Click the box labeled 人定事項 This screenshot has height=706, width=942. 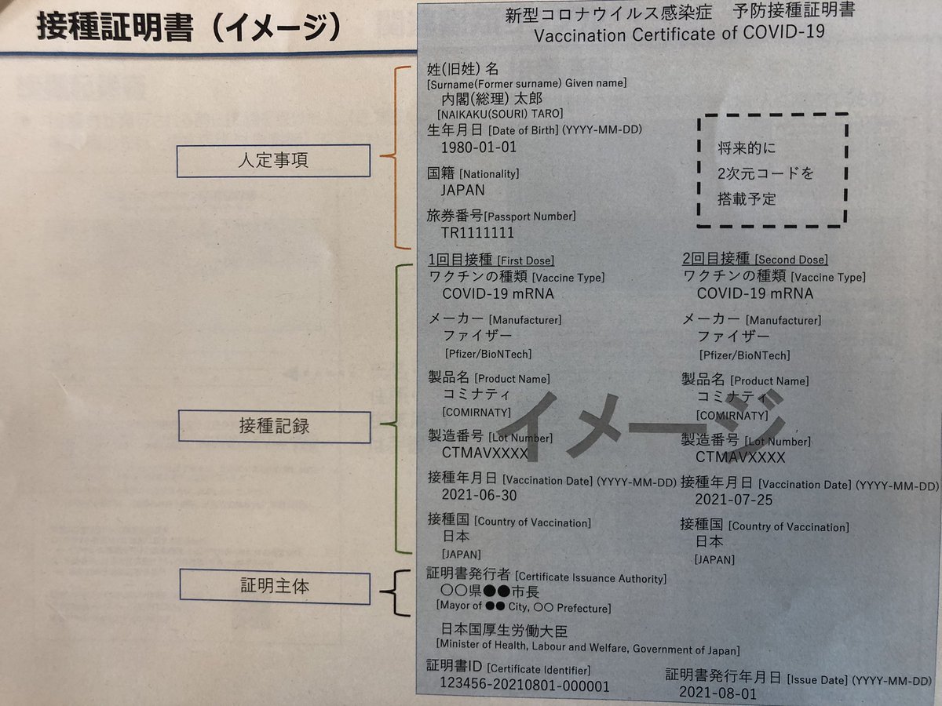click(272, 161)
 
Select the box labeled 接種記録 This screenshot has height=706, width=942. click(272, 426)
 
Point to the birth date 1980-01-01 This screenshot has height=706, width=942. click(479, 147)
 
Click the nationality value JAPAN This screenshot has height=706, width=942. click(463, 190)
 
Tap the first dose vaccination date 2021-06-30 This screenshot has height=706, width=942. click(479, 496)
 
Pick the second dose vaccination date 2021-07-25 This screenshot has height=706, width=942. click(733, 499)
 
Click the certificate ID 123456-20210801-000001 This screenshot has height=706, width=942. click(524, 686)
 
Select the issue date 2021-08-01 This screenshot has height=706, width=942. click(718, 693)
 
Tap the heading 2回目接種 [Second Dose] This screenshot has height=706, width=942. click(755, 259)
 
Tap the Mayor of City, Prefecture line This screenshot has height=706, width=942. click(524, 607)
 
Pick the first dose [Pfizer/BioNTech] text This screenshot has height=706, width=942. click(488, 354)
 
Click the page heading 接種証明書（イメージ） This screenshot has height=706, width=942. click(188, 26)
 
